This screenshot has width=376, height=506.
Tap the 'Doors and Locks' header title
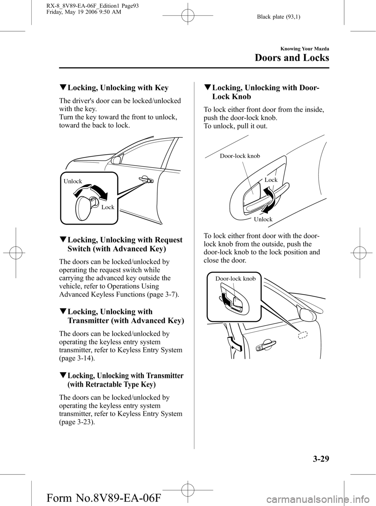point(292,58)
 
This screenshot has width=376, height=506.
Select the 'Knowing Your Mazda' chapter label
point(304,49)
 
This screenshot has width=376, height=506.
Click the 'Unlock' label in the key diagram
point(73,181)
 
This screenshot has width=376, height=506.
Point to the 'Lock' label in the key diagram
point(108,207)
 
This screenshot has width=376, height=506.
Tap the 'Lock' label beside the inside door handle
point(271,180)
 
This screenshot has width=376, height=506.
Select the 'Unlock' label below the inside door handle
point(263,219)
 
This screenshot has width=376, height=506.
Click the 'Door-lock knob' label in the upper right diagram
point(240,156)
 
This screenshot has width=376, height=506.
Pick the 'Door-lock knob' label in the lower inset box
point(235,279)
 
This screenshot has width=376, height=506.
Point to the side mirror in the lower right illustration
point(307,314)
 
